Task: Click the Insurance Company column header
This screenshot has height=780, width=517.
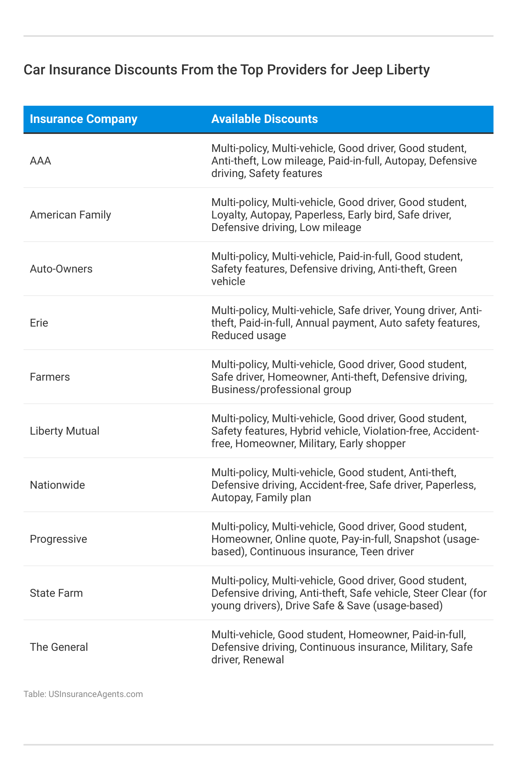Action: pyautogui.click(x=83, y=119)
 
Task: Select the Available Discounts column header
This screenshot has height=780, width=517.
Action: pyautogui.click(x=264, y=119)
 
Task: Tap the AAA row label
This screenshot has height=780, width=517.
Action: pyautogui.click(x=40, y=161)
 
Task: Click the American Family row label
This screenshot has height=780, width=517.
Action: pyautogui.click(x=70, y=215)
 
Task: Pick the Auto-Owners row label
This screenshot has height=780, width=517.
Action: pyautogui.click(x=61, y=269)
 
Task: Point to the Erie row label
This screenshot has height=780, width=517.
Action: pyautogui.click(x=39, y=323)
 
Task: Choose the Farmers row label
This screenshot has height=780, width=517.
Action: pyautogui.click(x=50, y=377)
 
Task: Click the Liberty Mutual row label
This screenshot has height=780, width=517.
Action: pyautogui.click(x=65, y=431)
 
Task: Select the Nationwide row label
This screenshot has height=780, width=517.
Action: pyautogui.click(x=57, y=485)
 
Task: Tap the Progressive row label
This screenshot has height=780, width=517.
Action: pyautogui.click(x=58, y=539)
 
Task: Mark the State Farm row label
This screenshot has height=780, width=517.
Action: pyautogui.click(x=56, y=593)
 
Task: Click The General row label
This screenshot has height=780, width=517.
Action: pyautogui.click(x=59, y=647)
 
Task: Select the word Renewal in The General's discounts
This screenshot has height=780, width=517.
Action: pyautogui.click(x=263, y=660)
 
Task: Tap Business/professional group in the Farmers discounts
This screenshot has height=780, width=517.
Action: pyautogui.click(x=281, y=390)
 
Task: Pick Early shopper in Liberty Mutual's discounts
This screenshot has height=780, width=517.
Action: pyautogui.click(x=372, y=444)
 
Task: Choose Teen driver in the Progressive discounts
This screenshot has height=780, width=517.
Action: pyautogui.click(x=387, y=552)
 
